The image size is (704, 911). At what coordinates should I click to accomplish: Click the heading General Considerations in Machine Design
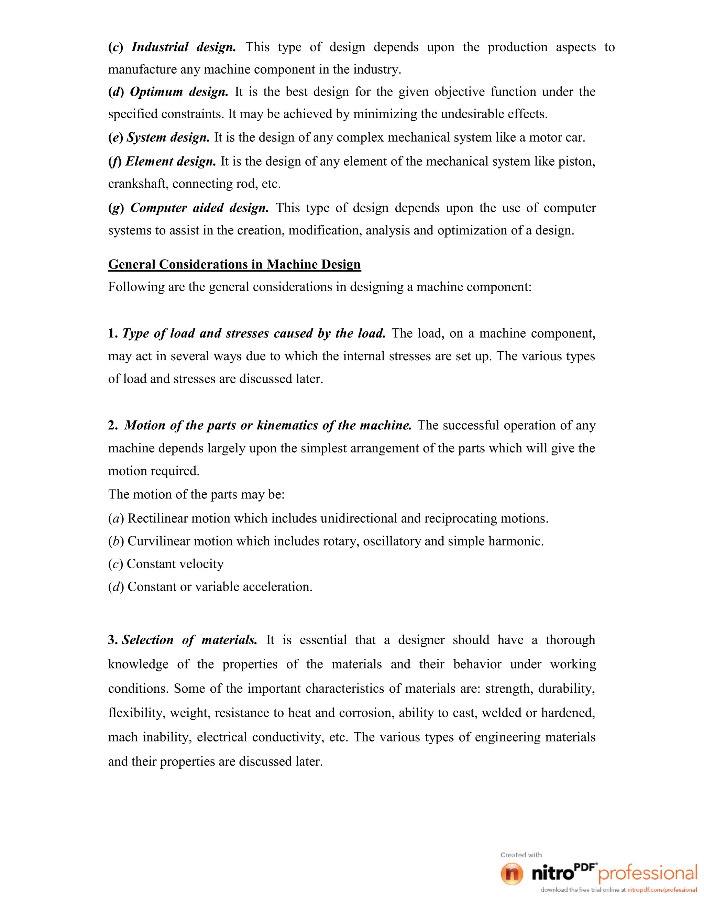[234, 264]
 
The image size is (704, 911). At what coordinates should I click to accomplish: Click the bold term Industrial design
[184, 47]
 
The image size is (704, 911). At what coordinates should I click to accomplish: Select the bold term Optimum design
[179, 92]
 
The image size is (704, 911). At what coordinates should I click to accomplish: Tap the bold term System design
[168, 137]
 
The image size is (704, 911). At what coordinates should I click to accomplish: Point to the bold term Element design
[170, 162]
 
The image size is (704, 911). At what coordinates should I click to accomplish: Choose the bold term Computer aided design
[199, 208]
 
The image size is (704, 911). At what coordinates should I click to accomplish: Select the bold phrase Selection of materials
[189, 640]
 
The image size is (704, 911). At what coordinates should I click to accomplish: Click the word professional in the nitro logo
[648, 874]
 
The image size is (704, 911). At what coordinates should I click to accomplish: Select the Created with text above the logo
[521, 855]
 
